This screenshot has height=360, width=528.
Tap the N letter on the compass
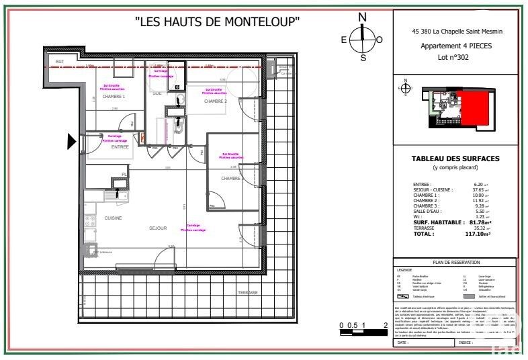[363, 17]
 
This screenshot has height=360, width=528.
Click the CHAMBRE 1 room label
[114, 97]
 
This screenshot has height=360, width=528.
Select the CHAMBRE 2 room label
[216, 101]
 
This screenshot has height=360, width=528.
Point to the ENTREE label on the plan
[120, 146]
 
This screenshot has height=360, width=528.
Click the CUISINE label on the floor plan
[113, 218]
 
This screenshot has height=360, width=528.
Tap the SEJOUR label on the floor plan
[157, 228]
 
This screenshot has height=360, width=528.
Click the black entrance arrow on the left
[71, 141]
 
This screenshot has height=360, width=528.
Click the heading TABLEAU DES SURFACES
[456, 159]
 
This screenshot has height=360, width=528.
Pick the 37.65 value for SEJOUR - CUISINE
[478, 189]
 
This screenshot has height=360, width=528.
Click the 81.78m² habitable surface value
[480, 222]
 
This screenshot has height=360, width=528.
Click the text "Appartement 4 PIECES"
[455, 46]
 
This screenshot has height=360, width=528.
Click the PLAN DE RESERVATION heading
[456, 263]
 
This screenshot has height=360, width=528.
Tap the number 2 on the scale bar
[385, 325]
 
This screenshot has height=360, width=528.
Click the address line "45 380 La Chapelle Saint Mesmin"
[455, 31]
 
